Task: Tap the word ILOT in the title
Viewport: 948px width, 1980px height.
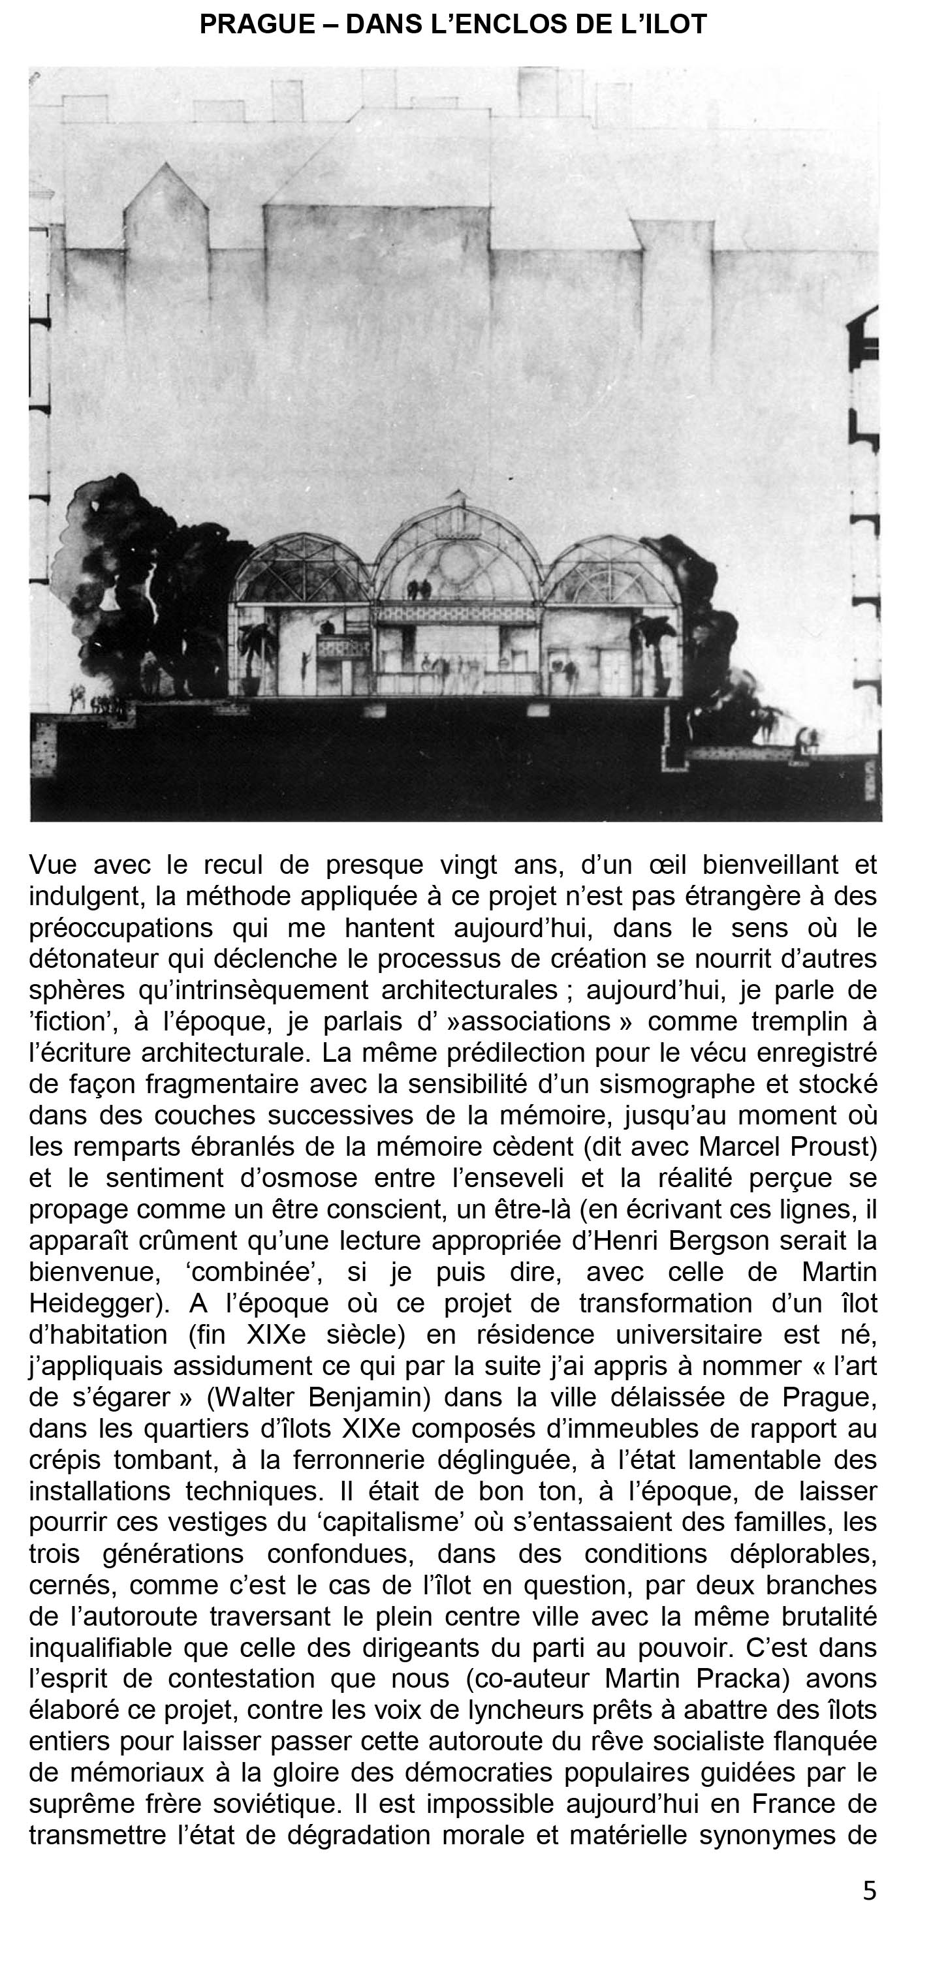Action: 671,25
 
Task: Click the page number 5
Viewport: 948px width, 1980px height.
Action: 869,1890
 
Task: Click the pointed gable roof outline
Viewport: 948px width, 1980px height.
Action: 165,196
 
